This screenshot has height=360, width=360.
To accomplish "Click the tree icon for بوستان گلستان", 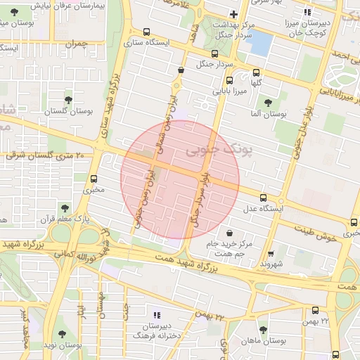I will tap(68, 100).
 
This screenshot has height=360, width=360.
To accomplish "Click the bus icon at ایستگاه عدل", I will tap(263, 198).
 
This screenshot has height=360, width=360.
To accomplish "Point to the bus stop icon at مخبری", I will tap(94, 179).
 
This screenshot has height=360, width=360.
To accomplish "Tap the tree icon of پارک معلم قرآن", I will tap(65, 208).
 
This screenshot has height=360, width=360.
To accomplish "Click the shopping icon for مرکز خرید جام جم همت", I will tap(229, 232).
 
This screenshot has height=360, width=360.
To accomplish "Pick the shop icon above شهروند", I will tap(271, 253).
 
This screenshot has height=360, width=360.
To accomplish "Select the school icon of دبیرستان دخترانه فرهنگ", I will tap(156, 314).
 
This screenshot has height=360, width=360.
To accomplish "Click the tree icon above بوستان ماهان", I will tap(263, 329).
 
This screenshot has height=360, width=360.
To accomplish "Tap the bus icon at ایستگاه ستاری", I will tap(146, 32).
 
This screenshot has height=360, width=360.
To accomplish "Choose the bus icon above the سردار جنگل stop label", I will tap(214, 53).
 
